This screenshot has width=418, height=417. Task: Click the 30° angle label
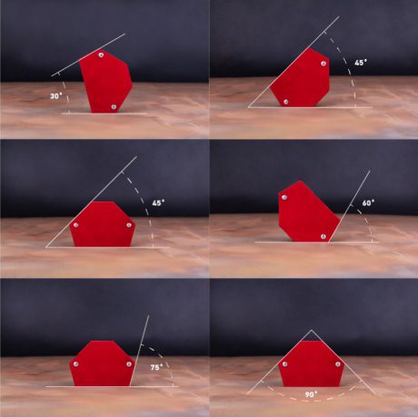(56, 96)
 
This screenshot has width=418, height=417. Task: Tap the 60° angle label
(368, 203)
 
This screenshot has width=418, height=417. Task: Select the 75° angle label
(156, 367)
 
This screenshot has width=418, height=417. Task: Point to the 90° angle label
(311, 394)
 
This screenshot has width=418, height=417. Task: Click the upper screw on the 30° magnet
(101, 55)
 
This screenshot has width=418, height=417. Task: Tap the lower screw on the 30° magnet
(114, 106)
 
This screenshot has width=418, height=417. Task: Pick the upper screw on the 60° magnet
(284, 197)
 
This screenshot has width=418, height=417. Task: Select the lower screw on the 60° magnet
(323, 236)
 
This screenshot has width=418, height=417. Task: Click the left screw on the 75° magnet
(75, 364)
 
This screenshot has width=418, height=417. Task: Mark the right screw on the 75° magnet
(129, 364)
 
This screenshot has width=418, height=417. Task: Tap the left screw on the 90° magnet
(284, 363)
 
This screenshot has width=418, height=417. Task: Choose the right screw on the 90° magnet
(338, 363)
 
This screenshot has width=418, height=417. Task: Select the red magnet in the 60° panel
(306, 212)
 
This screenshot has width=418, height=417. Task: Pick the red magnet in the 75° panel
(103, 363)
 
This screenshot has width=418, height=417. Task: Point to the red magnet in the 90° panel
(312, 363)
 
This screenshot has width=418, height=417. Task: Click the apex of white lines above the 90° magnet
(312, 330)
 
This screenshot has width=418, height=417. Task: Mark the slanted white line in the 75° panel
(140, 351)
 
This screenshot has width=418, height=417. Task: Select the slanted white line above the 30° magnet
(88, 55)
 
